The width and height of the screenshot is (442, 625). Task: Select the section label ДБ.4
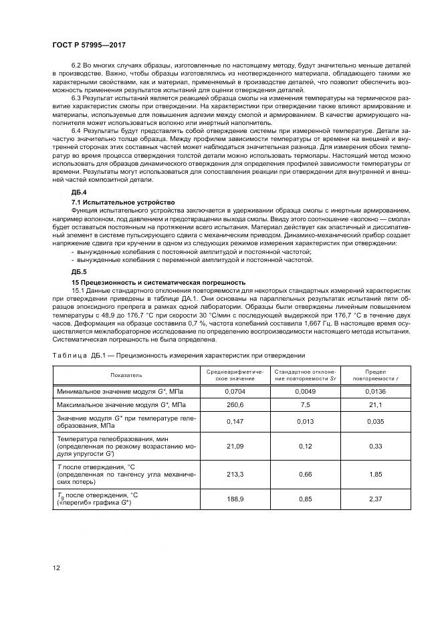[79, 192]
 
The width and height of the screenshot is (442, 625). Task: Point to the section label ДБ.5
[79, 273]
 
